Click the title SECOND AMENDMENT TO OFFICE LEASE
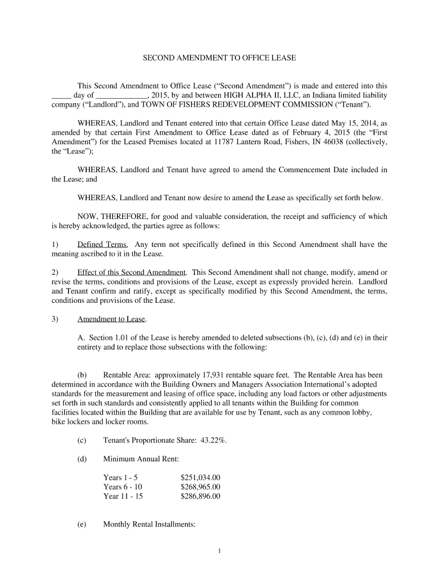click(219, 58)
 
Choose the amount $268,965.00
click(200, 486)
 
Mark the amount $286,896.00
click(200, 496)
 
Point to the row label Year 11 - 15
click(123, 496)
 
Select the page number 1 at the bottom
click(219, 550)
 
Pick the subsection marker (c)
click(82, 440)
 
